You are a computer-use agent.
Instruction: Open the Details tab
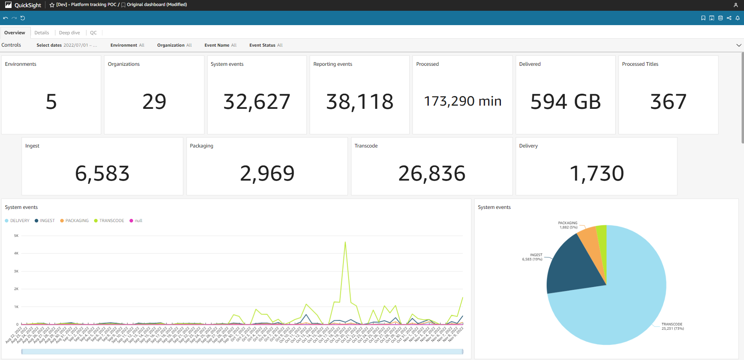[x=41, y=33]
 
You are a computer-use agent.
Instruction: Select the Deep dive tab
[x=69, y=33]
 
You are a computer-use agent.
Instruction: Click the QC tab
[x=93, y=33]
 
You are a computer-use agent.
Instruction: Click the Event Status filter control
[x=266, y=45]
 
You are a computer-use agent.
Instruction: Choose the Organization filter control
[x=174, y=45]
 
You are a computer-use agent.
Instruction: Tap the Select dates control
[x=67, y=45]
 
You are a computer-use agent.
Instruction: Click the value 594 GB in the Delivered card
[x=565, y=102]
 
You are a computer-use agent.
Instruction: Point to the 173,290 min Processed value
[x=462, y=101]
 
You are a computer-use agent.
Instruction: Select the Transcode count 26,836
[x=432, y=173]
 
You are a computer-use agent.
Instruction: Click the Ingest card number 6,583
[x=102, y=173]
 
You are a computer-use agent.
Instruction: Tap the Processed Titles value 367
[x=668, y=102]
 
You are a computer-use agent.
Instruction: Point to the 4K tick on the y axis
[x=16, y=253]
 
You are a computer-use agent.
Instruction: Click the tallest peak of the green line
[x=345, y=242]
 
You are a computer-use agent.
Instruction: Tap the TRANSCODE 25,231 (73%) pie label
[x=672, y=326]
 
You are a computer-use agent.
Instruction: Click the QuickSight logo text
[x=27, y=5]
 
